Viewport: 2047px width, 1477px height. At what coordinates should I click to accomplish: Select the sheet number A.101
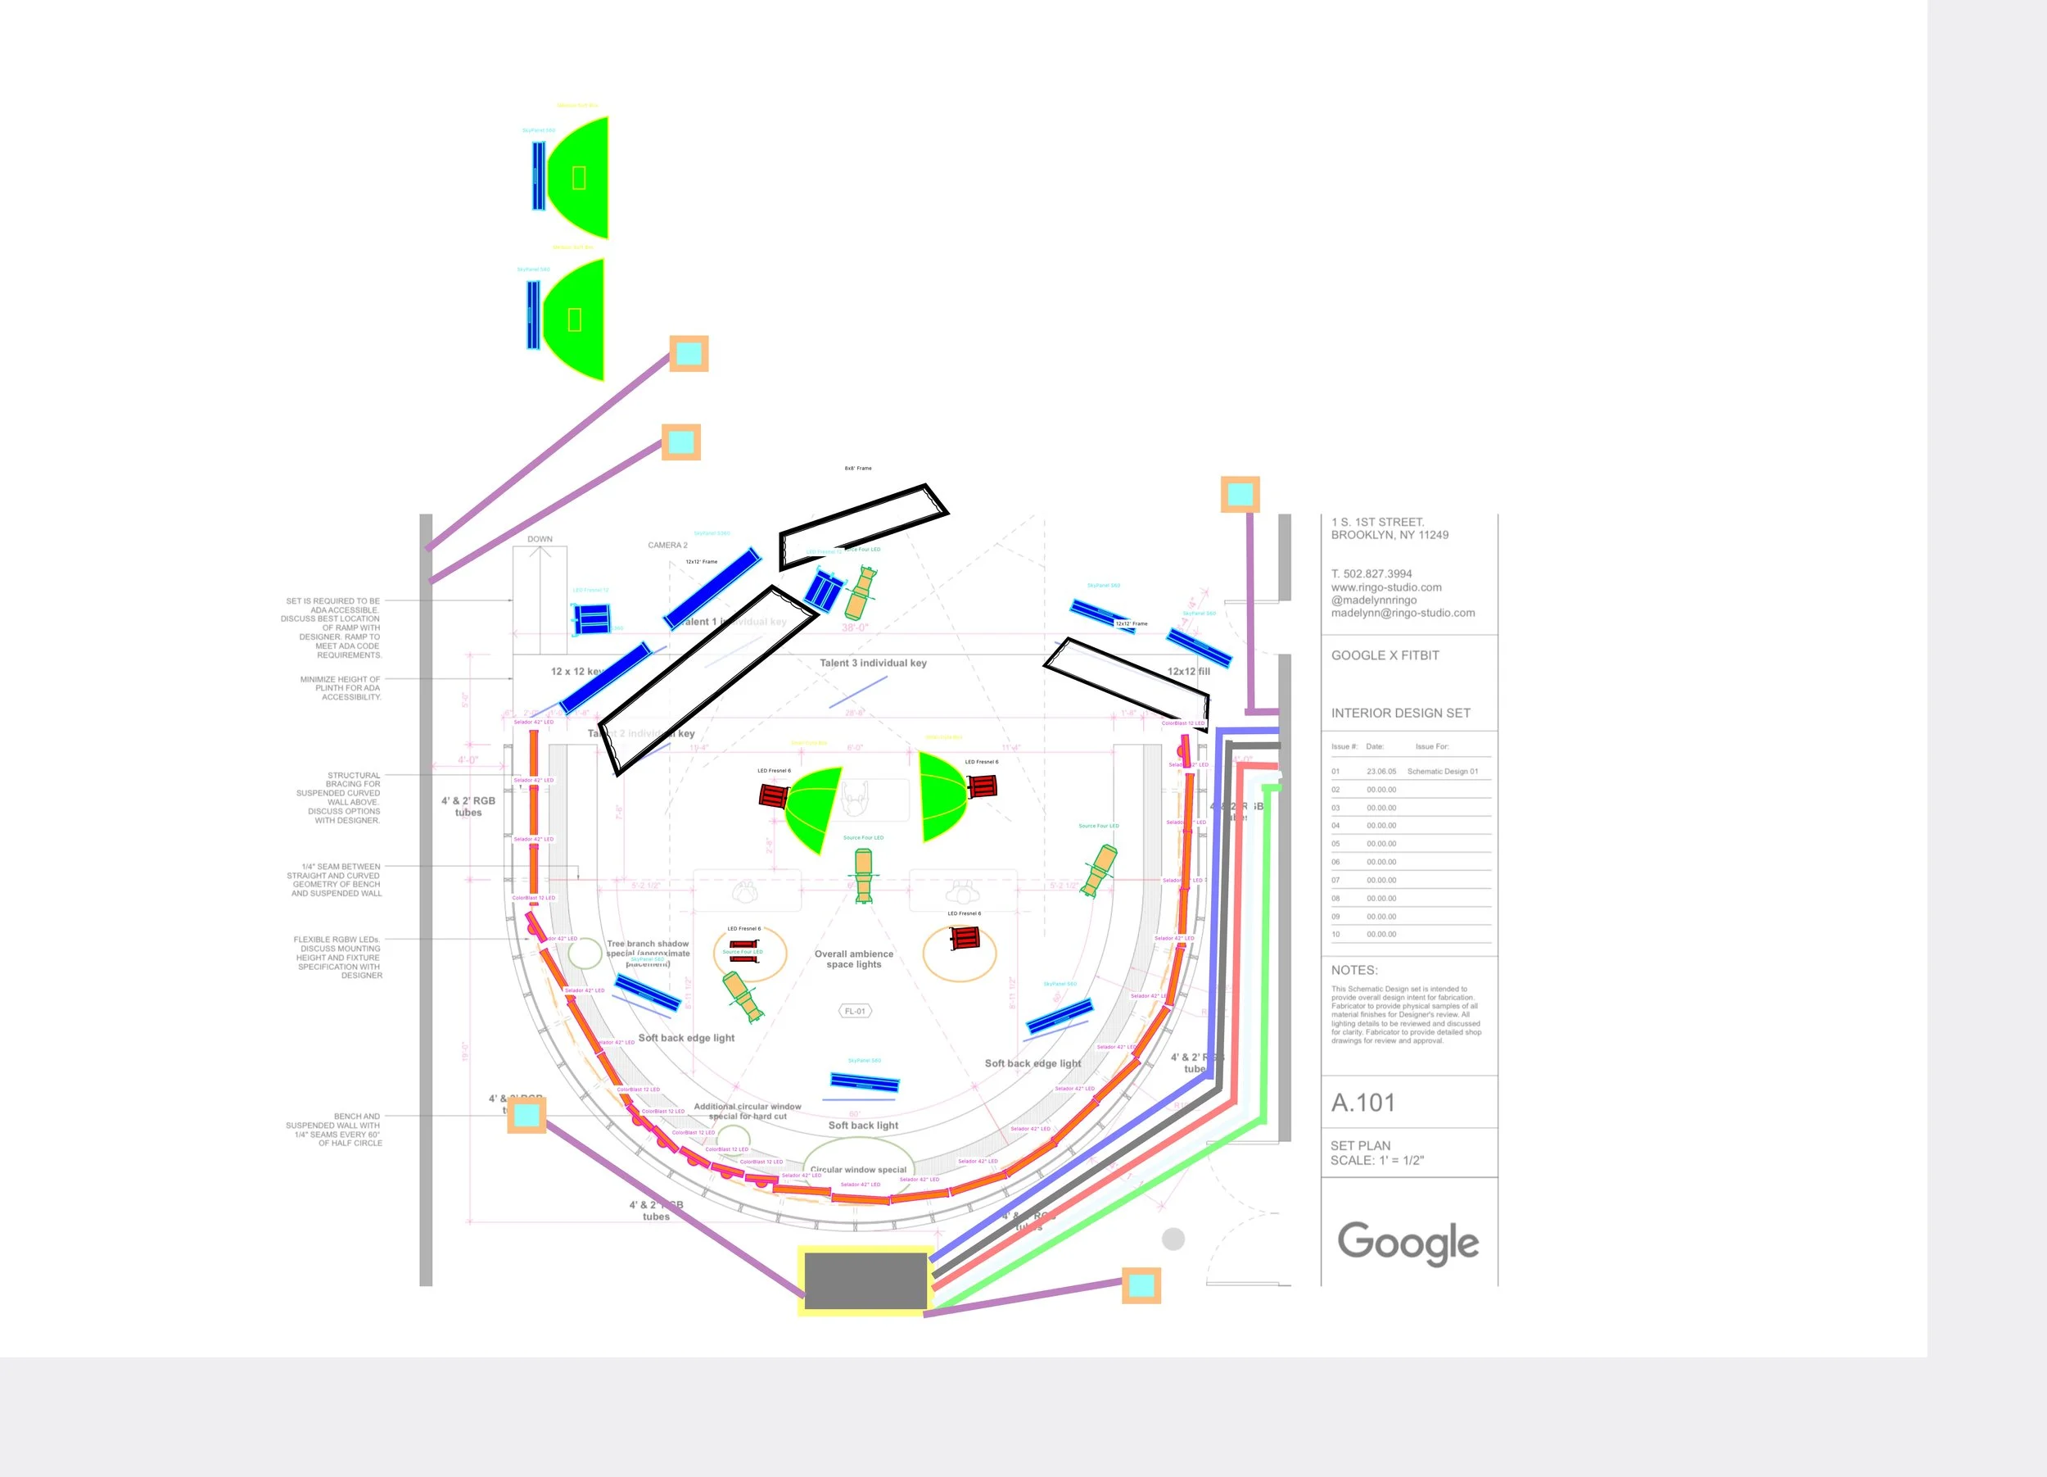[1362, 1103]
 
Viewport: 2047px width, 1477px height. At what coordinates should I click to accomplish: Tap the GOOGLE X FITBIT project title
[1385, 655]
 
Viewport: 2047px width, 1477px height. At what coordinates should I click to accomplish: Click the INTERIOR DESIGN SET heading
[1400, 714]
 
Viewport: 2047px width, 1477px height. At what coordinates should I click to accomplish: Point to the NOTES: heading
[1353, 971]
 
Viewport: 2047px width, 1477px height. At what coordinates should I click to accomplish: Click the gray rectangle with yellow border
[865, 1280]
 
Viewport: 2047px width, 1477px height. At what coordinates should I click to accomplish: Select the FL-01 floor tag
[855, 1011]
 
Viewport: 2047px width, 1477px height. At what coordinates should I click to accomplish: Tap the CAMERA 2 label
[667, 546]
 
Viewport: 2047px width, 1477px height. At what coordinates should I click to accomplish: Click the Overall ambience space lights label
[854, 958]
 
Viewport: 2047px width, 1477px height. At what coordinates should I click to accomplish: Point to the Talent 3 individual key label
[873, 663]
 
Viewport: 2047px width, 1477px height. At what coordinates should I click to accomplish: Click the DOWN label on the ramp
[540, 539]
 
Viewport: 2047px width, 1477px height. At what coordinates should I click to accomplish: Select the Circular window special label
[858, 1169]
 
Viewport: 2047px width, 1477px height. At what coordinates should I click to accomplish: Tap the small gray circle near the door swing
[1173, 1239]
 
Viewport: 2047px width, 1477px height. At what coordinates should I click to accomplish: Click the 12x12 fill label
[1189, 671]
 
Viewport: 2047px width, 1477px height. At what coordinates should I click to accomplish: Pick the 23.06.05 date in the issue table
[1381, 771]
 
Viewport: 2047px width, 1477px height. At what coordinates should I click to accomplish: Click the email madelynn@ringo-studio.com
[1403, 613]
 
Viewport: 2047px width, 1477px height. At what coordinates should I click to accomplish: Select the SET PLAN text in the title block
[1360, 1146]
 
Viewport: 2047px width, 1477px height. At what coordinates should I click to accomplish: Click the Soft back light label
[863, 1125]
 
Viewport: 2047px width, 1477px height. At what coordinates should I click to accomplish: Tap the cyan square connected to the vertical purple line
[1240, 494]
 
